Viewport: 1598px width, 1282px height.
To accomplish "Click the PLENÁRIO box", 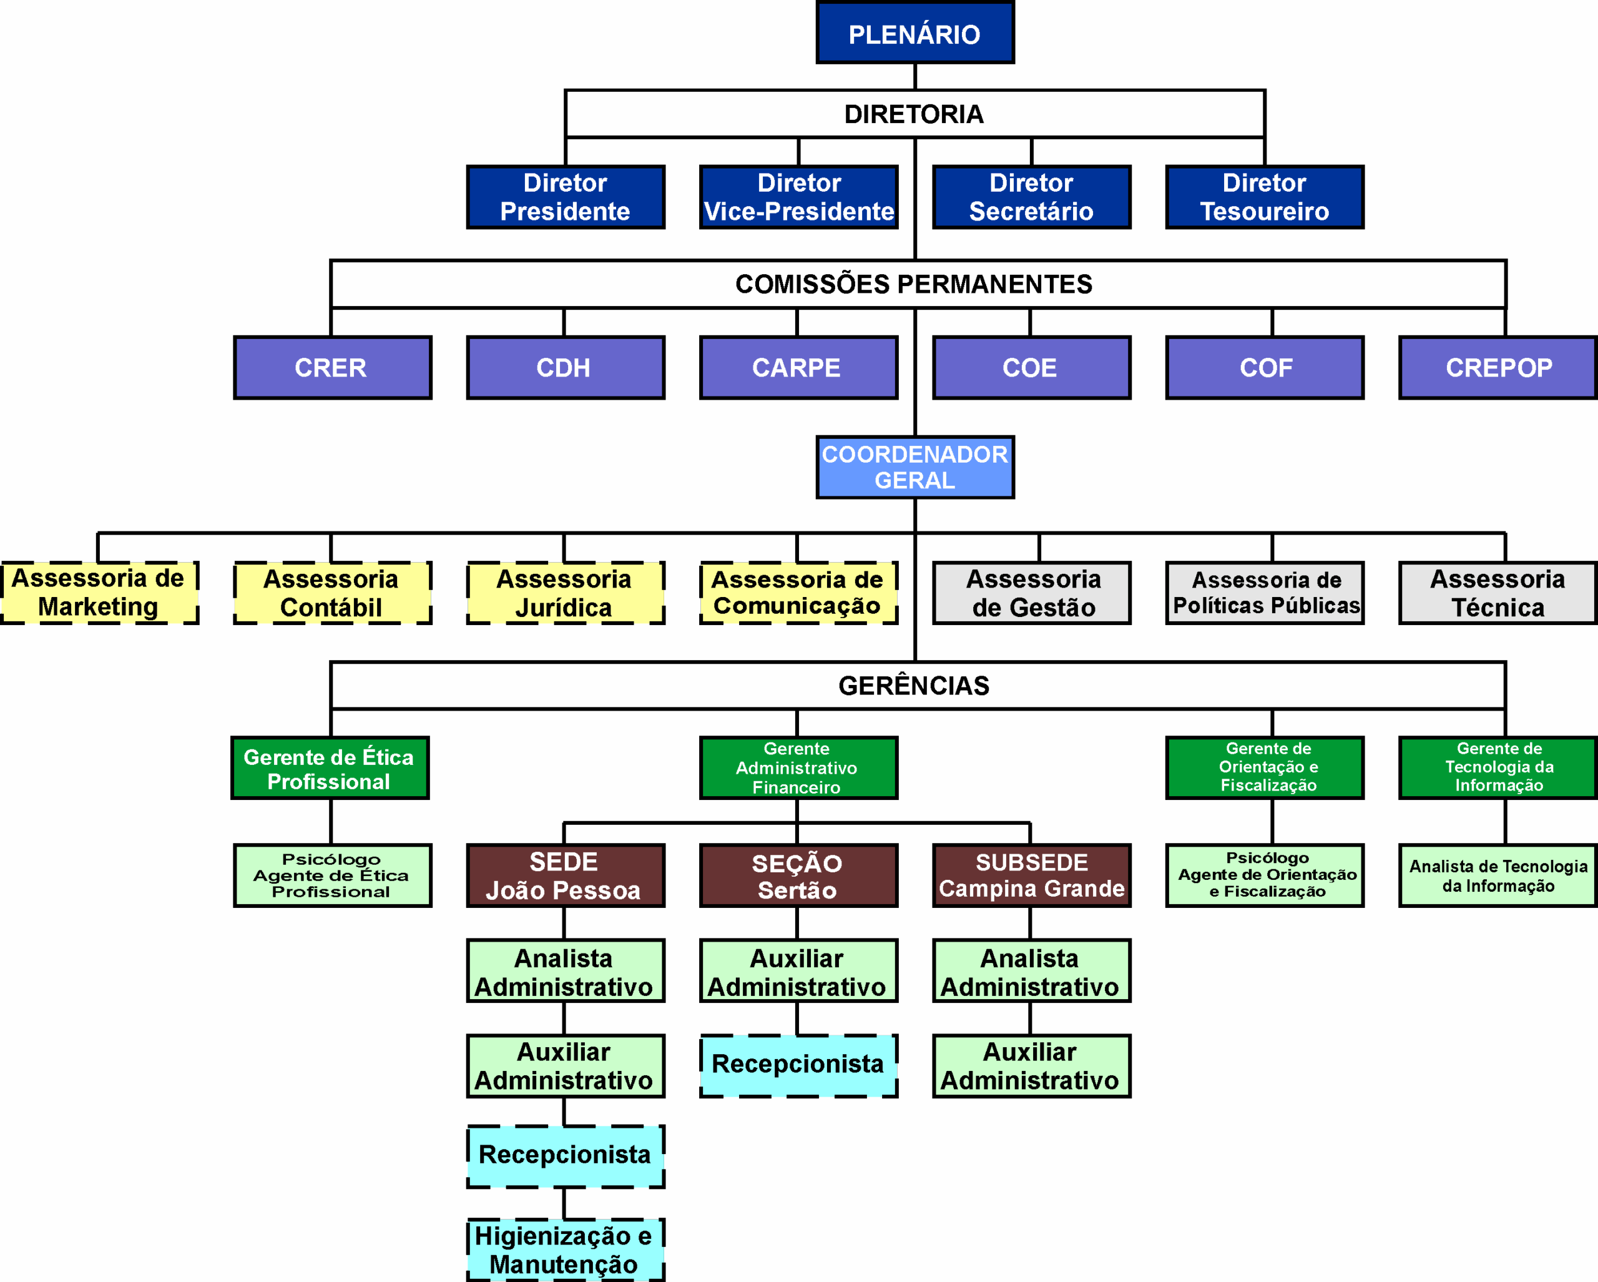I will (914, 32).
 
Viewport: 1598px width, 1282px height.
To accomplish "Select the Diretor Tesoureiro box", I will (1265, 197).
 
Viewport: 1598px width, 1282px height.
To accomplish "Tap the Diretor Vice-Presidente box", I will (798, 197).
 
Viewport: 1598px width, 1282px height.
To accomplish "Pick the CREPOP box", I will (1498, 368).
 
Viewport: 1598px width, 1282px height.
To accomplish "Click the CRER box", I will (332, 368).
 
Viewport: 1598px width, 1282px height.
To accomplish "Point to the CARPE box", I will (798, 368).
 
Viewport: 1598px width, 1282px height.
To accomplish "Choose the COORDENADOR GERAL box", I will (914, 467).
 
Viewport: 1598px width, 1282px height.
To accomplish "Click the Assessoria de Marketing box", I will (99, 593).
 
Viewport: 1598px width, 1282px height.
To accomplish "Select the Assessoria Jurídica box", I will (565, 593).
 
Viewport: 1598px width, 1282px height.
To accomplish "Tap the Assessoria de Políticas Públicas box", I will (1265, 593).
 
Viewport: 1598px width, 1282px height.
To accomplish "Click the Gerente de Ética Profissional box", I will (330, 768).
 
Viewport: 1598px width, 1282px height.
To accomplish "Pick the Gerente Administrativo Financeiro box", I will (798, 768).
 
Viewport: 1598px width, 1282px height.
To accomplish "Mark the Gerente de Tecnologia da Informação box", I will (1498, 768).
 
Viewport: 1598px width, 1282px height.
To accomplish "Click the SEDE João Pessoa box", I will (565, 875).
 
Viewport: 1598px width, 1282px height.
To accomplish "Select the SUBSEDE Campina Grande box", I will (1031, 875).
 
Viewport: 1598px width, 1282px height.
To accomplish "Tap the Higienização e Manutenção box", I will (565, 1250).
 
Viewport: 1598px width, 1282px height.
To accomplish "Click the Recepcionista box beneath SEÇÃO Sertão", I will (798, 1065).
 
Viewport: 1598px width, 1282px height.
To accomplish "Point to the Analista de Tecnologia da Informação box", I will (1498, 875).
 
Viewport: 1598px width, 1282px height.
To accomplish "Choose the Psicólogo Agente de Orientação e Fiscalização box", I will (1265, 875).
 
